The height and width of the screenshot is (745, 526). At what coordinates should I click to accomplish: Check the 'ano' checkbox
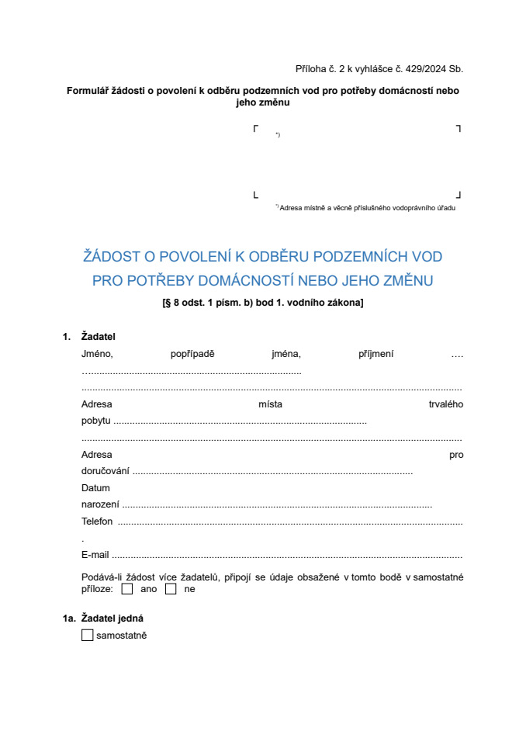pyautogui.click(x=127, y=589)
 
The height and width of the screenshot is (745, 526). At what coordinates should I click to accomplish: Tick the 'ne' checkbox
pyautogui.click(x=171, y=589)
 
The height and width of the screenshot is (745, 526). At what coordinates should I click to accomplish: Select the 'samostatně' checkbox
pyautogui.click(x=87, y=636)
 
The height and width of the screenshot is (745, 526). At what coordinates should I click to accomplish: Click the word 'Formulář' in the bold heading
pyautogui.click(x=90, y=91)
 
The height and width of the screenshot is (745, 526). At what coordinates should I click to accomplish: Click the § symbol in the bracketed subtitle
pyautogui.click(x=167, y=302)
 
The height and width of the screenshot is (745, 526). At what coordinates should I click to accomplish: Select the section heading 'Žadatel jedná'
pyautogui.click(x=112, y=619)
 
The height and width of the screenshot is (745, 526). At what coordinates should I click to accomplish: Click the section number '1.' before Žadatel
pyautogui.click(x=67, y=337)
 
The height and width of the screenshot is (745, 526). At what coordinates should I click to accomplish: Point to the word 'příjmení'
pyautogui.click(x=376, y=354)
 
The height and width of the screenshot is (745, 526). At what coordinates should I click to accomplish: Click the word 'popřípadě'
pyautogui.click(x=192, y=354)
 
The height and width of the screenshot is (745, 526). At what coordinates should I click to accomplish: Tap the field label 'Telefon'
pyautogui.click(x=97, y=521)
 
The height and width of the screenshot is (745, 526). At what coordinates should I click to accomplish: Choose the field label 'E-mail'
pyautogui.click(x=95, y=555)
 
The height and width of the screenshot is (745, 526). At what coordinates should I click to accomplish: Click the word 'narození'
pyautogui.click(x=100, y=504)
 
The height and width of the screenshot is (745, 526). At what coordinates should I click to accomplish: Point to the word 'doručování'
pyautogui.click(x=106, y=471)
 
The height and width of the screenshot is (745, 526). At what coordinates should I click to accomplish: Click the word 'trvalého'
pyautogui.click(x=446, y=404)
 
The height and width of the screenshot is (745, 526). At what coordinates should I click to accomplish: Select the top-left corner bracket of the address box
pyautogui.click(x=255, y=129)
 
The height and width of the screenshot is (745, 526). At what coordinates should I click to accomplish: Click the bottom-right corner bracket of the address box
pyautogui.click(x=458, y=195)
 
